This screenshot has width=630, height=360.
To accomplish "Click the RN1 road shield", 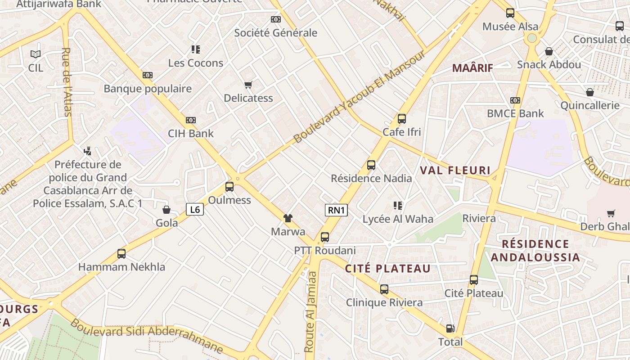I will pyautogui.click(x=336, y=210).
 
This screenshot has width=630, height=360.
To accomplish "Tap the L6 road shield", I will pyautogui.click(x=195, y=209).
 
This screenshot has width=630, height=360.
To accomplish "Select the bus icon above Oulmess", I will pyautogui.click(x=229, y=186).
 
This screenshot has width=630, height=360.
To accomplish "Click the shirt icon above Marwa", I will pyautogui.click(x=288, y=218).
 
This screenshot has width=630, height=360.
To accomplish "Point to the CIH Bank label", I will pyautogui.click(x=191, y=134).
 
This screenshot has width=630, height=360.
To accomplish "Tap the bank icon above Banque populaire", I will pyautogui.click(x=148, y=75).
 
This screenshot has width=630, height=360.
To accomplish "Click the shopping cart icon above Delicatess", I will pyautogui.click(x=248, y=85).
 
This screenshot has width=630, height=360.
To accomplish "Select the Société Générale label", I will pyautogui.click(x=276, y=33).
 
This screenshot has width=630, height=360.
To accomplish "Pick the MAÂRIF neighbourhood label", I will pyautogui.click(x=472, y=68).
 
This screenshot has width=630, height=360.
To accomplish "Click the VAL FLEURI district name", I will pyautogui.click(x=455, y=171).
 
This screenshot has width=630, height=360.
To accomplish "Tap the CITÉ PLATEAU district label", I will pyautogui.click(x=388, y=269).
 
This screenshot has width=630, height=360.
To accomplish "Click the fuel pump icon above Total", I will pyautogui.click(x=450, y=328).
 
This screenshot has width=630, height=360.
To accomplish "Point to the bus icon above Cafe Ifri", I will pyautogui.click(x=402, y=119).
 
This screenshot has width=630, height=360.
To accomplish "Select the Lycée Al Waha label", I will pyautogui.click(x=398, y=219).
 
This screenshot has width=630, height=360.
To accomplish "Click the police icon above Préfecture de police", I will pyautogui.click(x=88, y=151).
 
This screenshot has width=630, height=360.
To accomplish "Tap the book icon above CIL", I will pyautogui.click(x=36, y=54).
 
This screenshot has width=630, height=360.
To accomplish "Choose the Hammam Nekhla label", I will pyautogui.click(x=121, y=267).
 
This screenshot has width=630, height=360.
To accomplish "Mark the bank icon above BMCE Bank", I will pyautogui.click(x=515, y=100).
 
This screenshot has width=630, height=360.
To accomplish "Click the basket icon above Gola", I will pyautogui.click(x=166, y=210).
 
